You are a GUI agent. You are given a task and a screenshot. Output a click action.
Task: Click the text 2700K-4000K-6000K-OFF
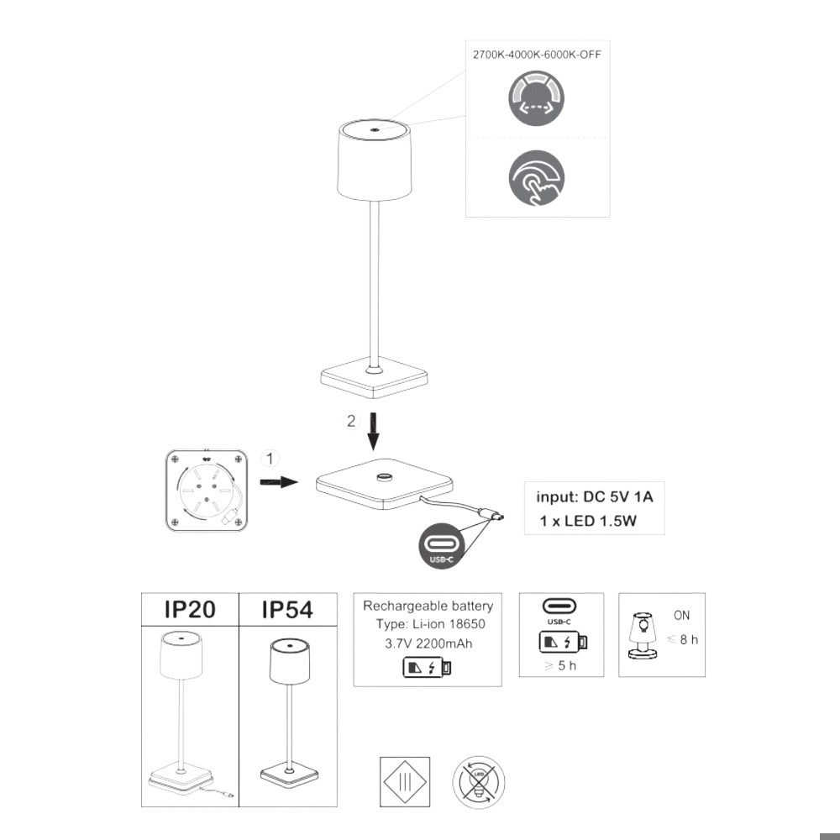537,54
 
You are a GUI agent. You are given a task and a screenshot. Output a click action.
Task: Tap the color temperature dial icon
536,99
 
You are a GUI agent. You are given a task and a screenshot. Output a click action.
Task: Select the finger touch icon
536,178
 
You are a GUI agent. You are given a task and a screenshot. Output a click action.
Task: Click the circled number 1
269,459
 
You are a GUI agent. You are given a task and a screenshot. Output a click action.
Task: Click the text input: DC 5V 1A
594,496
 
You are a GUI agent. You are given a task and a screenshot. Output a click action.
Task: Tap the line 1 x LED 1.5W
588,522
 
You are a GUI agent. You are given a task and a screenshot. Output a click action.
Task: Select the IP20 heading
190,610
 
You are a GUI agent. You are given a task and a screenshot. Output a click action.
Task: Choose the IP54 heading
287,610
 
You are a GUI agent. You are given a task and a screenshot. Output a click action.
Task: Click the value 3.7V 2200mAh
427,644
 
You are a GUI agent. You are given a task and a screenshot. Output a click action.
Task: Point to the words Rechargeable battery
428,606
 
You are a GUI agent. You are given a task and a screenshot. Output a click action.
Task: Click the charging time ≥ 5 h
561,668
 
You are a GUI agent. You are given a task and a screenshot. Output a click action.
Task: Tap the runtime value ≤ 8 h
682,640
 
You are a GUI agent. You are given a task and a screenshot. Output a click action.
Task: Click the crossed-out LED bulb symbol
478,781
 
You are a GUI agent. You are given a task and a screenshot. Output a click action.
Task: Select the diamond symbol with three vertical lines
405,781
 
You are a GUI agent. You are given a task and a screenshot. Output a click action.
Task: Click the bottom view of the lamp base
207,491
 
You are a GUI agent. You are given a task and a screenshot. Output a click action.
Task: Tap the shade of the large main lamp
375,160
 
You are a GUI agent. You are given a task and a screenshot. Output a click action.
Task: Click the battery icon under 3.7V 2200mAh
428,668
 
